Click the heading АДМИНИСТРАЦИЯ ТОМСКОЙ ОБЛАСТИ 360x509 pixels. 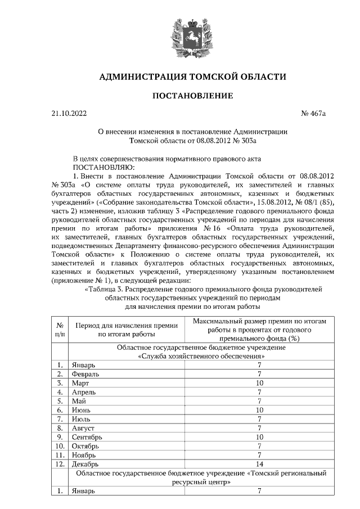pos(193,76)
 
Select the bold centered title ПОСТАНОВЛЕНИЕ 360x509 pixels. pos(193,96)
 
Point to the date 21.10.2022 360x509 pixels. pos(69,114)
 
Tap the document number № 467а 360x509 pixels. pos(314,114)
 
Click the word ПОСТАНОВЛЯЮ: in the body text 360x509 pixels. pos(103,167)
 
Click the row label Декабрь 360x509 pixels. pos(85,464)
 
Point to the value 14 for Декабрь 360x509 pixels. pos(259,464)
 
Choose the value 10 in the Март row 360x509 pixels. pos(259,383)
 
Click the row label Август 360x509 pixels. pos(83,428)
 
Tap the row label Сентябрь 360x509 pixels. pos(87,437)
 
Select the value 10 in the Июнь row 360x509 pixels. pos(259,410)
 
